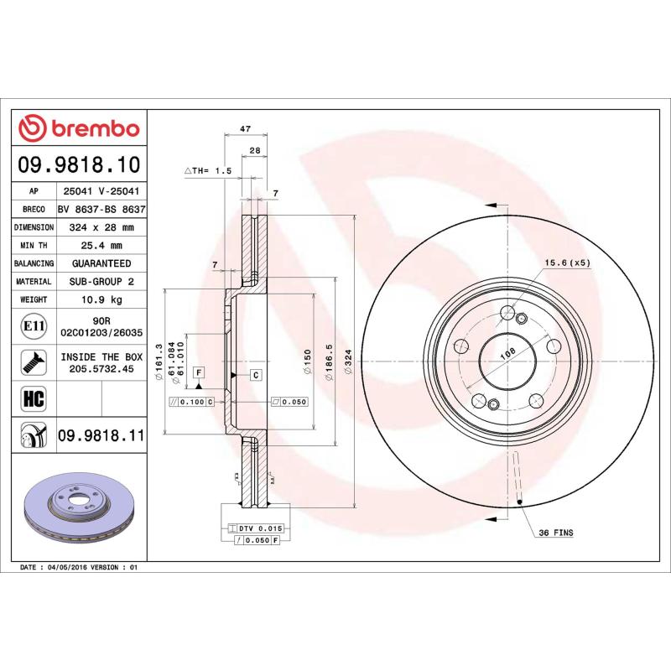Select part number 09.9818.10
(81, 165)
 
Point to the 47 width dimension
(245, 129)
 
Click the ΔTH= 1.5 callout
(207, 170)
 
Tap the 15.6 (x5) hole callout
(568, 263)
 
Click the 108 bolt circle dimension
(507, 356)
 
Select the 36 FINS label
(556, 533)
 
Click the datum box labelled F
(199, 372)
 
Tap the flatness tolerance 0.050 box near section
(290, 402)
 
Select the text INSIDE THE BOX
(101, 356)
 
